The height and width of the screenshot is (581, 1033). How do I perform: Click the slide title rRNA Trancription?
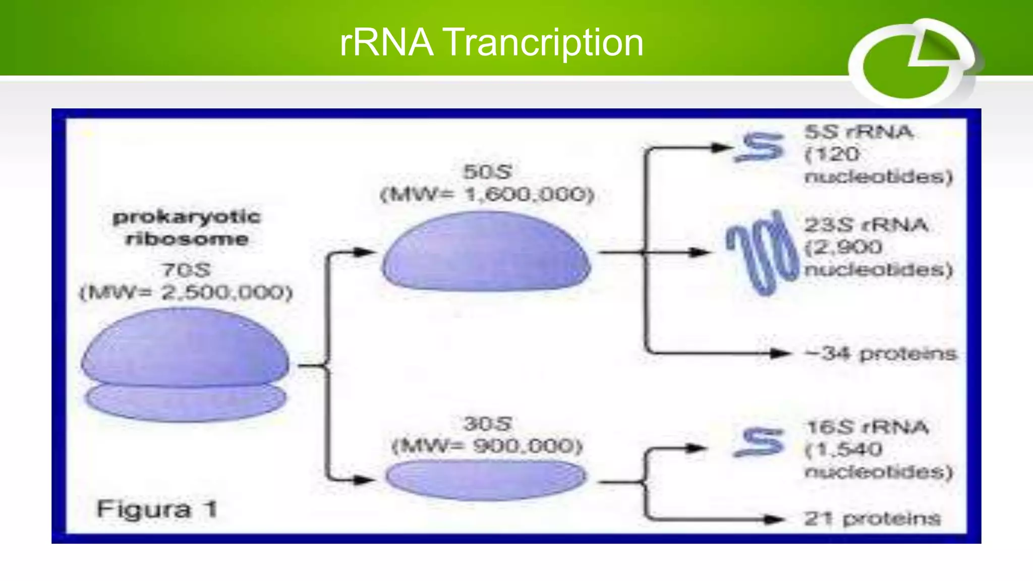491,42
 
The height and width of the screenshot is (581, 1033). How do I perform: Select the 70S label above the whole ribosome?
186,270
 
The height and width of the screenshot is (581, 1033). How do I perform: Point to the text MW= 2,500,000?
186,293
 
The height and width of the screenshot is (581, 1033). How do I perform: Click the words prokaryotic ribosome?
186,227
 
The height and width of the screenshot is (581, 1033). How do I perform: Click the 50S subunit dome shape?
486,252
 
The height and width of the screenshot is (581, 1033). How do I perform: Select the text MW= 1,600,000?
487,194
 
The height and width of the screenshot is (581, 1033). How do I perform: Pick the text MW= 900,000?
487,446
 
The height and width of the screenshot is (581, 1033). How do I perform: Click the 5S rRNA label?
858,132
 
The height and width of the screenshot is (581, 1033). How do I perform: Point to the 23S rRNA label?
866,224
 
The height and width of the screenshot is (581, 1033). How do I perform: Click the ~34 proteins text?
880,354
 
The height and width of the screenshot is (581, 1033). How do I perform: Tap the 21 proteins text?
872,518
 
